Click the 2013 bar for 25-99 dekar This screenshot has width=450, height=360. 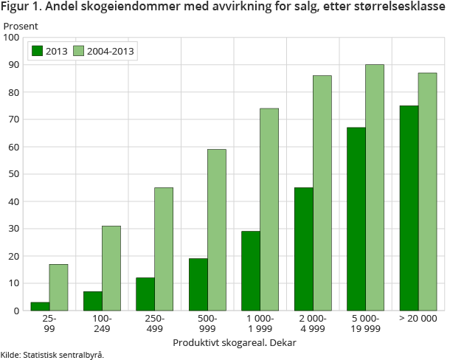pyautogui.click(x=40, y=306)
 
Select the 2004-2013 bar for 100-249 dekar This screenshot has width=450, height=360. pyautogui.click(x=111, y=268)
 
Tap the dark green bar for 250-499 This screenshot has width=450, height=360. pyautogui.click(x=145, y=294)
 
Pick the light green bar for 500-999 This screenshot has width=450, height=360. pyautogui.click(x=216, y=229)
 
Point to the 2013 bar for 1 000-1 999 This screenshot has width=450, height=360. pyautogui.click(x=251, y=271)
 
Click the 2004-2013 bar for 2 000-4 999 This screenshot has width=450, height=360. pyautogui.click(x=322, y=193)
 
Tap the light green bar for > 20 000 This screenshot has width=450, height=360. pyautogui.click(x=427, y=191)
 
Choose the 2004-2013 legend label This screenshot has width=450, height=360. pyautogui.click(x=111, y=51)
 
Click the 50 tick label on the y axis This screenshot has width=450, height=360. pyautogui.click(x=13, y=174)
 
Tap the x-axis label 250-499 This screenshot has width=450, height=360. pyautogui.click(x=155, y=323)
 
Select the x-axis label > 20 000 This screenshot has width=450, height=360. pyautogui.click(x=418, y=319)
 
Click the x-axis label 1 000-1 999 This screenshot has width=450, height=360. pyautogui.click(x=260, y=323)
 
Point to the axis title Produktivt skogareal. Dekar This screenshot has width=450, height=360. pyautogui.click(x=234, y=343)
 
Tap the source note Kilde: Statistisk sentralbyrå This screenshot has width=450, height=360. pyautogui.click(x=52, y=355)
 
